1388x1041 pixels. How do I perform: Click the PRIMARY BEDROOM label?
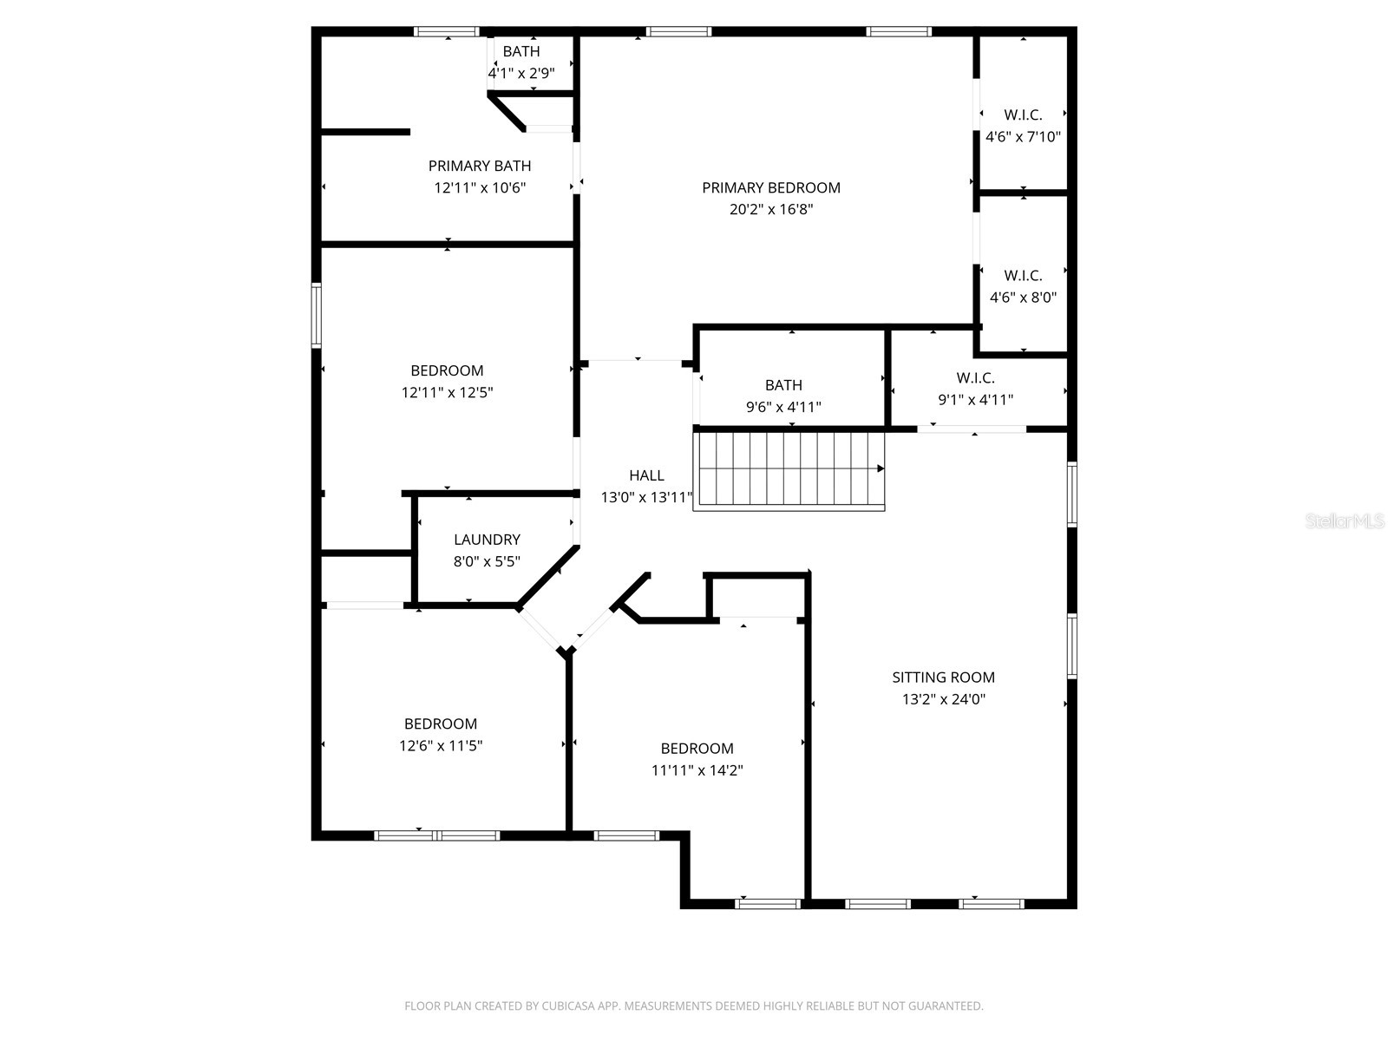tap(770, 187)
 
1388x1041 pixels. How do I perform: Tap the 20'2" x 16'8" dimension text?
tap(770, 209)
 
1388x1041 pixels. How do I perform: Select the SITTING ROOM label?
tap(943, 678)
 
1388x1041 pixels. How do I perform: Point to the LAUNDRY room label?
tap(487, 540)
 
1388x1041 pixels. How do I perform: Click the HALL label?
tap(646, 475)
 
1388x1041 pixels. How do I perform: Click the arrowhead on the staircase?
tap(881, 468)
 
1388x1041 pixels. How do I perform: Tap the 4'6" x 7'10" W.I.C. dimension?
tap(1023, 137)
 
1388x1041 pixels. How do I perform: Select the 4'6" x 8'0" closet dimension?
tap(1023, 298)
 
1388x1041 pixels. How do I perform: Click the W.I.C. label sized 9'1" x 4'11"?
tap(975, 378)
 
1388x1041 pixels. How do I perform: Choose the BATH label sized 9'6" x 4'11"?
tap(783, 385)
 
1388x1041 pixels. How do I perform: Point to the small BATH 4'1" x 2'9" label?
tap(521, 52)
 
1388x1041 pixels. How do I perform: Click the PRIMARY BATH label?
tap(480, 166)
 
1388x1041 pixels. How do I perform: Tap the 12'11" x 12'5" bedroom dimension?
tap(447, 392)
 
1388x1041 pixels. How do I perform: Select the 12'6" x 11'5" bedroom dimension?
tap(441, 745)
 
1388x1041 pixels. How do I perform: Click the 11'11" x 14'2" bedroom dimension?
tap(697, 770)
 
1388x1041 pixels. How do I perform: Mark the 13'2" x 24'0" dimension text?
tap(943, 699)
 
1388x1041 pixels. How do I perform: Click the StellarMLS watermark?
tap(1345, 521)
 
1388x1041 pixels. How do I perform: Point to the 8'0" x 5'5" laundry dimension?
tap(487, 561)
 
